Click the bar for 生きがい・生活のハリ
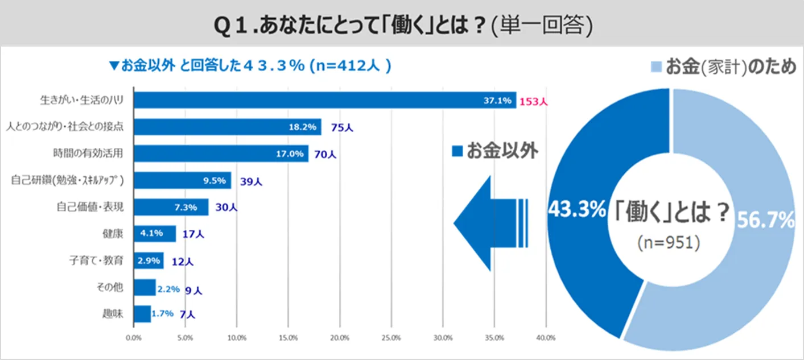[x=324, y=100]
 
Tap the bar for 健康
[x=154, y=233]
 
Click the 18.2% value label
[x=303, y=127]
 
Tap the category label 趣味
[x=113, y=313]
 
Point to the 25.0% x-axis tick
[x=391, y=338]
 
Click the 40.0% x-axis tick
[x=546, y=338]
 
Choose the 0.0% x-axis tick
[x=133, y=338]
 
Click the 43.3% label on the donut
[x=576, y=211]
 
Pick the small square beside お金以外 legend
[x=457, y=151]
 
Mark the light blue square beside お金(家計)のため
[x=655, y=67]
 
